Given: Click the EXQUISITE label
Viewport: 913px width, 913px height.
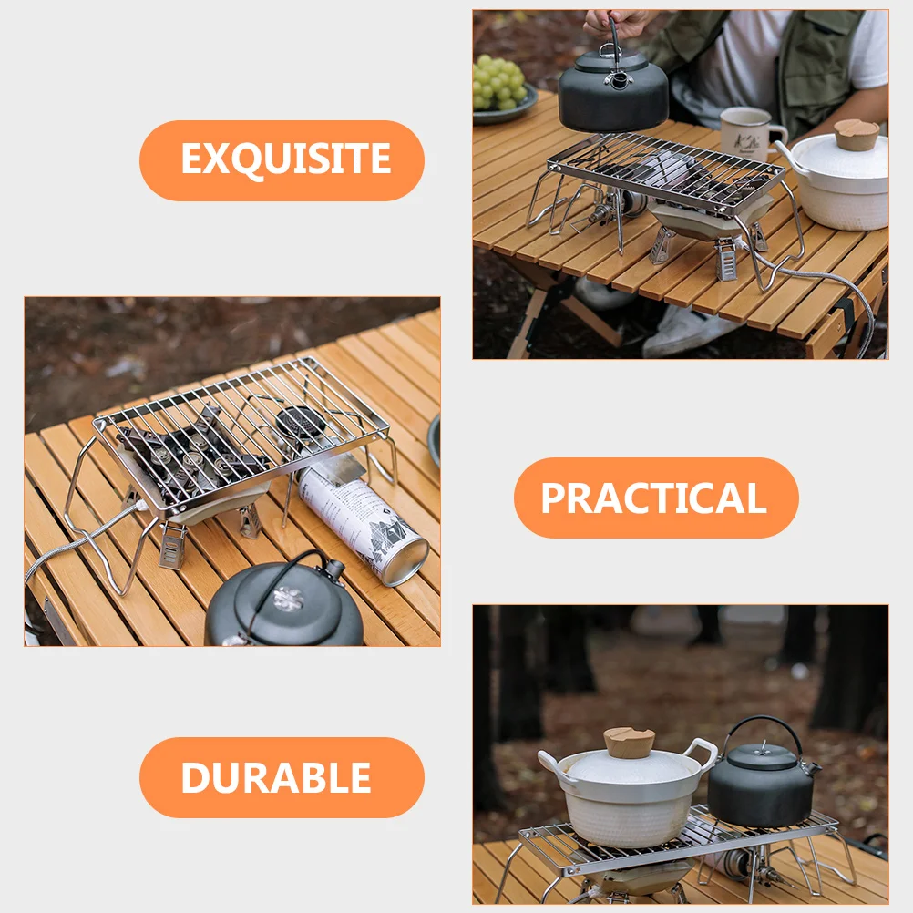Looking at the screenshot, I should (282, 160).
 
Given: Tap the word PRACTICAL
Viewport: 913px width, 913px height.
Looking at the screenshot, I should (656, 498).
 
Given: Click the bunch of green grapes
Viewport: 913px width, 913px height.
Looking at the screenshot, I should (499, 82).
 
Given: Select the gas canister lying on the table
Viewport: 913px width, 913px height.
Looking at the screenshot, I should (363, 519).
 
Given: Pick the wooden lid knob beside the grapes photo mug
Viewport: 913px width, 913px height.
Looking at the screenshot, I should (857, 135).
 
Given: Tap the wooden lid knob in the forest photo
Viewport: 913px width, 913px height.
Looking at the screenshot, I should (629, 742).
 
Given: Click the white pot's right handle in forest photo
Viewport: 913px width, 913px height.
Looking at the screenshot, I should (703, 752).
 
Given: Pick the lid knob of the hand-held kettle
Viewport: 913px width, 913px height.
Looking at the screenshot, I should (621, 80).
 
